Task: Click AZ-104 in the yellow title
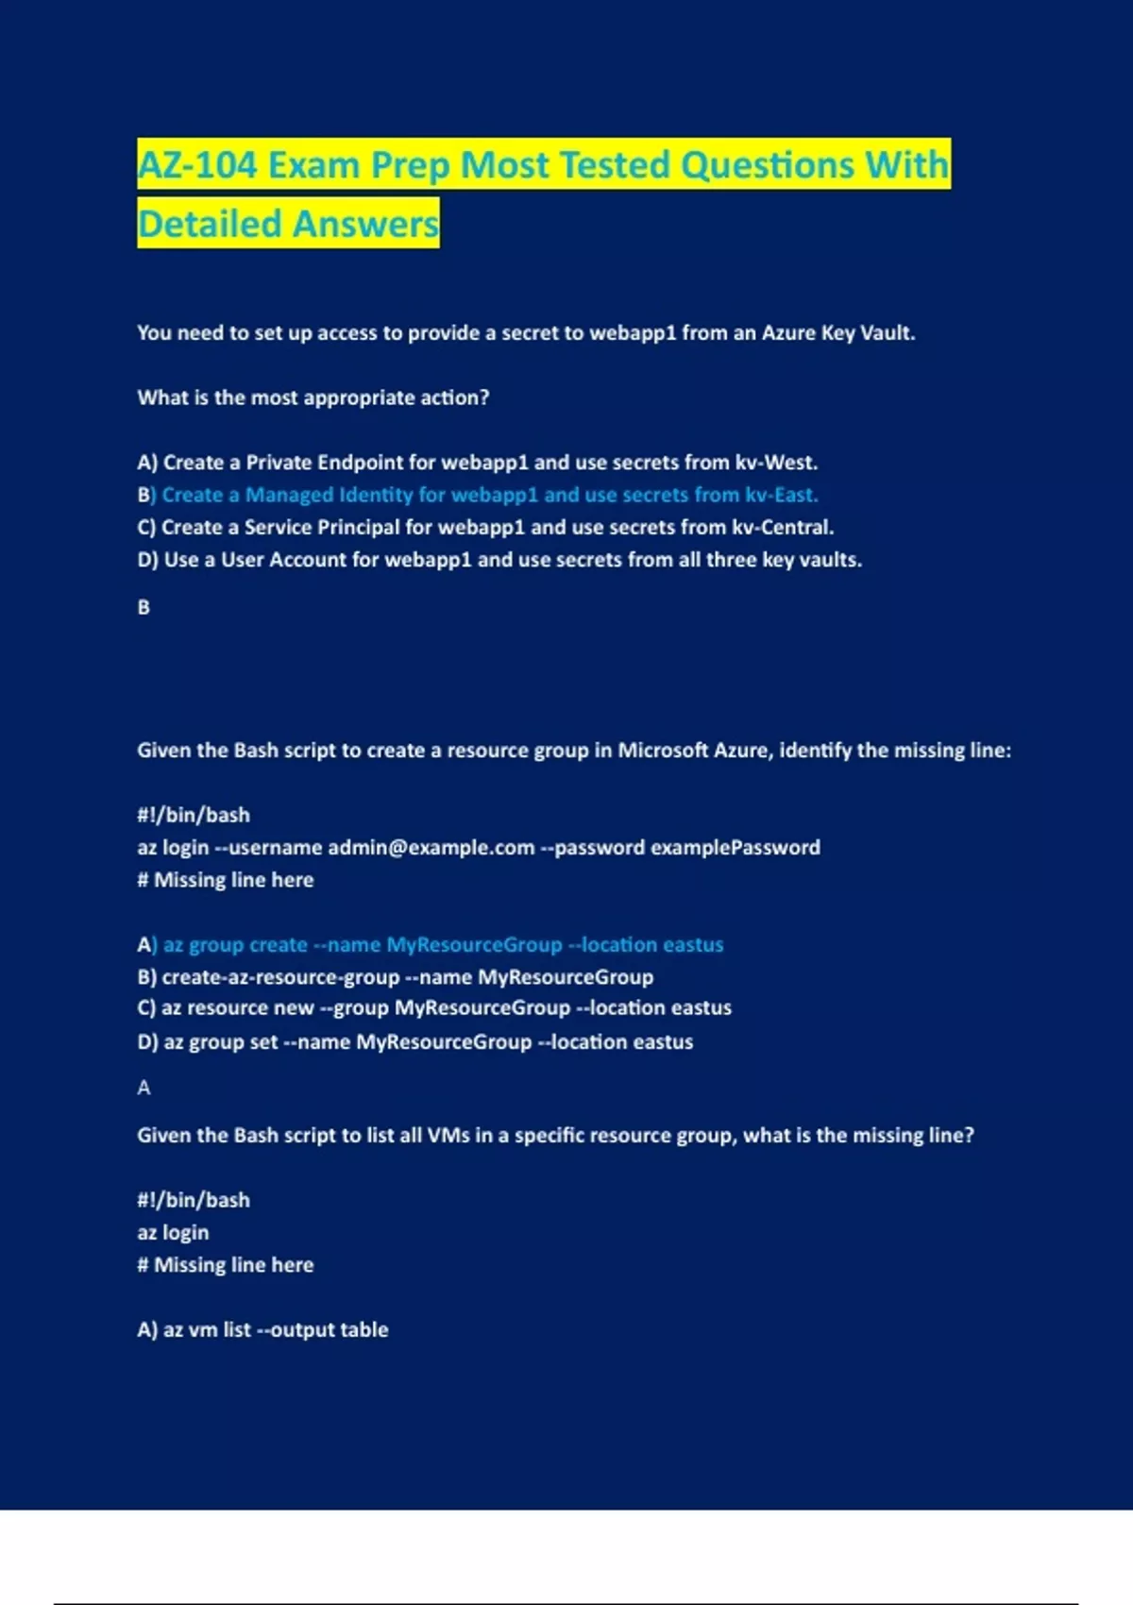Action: [196, 165]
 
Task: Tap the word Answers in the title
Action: [364, 225]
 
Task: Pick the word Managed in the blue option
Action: [289, 495]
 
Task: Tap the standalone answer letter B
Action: [144, 607]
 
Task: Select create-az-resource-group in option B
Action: [280, 977]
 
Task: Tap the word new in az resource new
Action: [294, 1008]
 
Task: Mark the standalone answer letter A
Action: [144, 1088]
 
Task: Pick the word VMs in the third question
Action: [448, 1136]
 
